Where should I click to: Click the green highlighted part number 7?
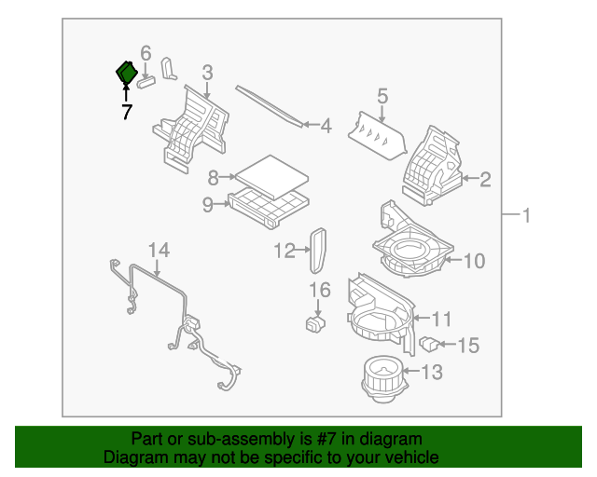point(126,73)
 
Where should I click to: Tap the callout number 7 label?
point(126,112)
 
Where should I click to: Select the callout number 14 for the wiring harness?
point(159,250)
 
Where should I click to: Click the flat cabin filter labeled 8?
point(271,172)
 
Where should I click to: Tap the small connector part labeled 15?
point(430,345)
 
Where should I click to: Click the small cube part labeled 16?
point(316,324)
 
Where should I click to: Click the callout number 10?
point(474,261)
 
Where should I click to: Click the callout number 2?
point(484,179)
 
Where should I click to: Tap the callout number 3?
point(207,72)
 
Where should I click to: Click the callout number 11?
point(441,319)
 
